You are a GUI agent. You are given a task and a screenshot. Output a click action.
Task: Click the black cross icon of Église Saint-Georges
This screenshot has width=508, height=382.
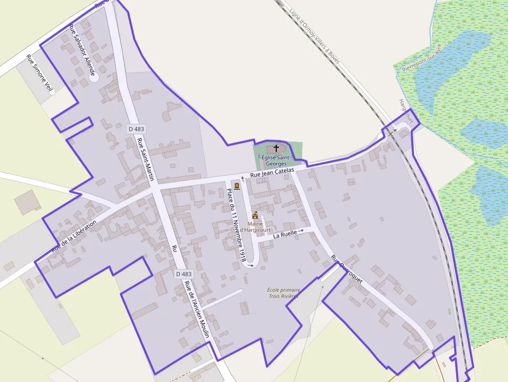[276, 148]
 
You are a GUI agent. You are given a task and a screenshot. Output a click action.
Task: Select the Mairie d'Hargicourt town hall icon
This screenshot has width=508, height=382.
[255, 215]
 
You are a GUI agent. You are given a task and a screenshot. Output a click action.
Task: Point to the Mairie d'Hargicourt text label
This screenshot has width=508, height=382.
[255, 227]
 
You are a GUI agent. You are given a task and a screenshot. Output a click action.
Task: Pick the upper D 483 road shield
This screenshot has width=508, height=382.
[137, 129]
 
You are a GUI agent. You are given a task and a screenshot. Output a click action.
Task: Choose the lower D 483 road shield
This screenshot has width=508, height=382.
[184, 274]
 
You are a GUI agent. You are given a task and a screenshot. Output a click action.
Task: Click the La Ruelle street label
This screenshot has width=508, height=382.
[285, 234]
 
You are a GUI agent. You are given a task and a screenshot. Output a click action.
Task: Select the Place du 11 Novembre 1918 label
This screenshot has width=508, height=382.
[236, 224]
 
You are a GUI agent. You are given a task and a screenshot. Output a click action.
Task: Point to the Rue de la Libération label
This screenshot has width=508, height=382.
[74, 237]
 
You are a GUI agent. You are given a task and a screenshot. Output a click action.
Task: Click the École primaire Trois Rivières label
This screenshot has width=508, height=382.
[283, 293]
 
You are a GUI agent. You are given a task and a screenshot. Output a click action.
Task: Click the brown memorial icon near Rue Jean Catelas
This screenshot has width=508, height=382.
[237, 186]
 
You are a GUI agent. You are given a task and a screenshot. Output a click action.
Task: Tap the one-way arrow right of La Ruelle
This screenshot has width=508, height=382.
[301, 231]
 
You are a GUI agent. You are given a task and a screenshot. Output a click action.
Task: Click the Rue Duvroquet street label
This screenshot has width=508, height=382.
[347, 269]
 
